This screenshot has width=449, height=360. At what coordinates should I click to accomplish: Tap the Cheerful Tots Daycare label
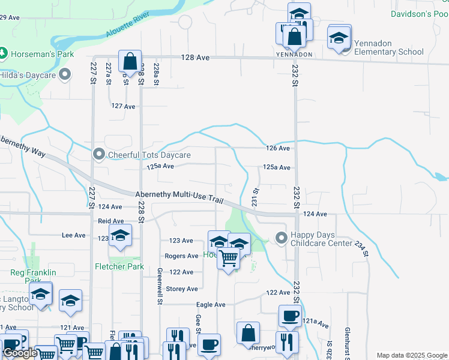coord(149,155)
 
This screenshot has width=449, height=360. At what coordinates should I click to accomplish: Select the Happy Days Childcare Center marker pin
coord(281,238)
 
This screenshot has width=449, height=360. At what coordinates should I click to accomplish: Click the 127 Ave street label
coord(124,106)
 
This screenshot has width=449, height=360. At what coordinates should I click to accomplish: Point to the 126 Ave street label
coord(279,148)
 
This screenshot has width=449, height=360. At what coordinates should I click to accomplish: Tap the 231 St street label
coord(255,199)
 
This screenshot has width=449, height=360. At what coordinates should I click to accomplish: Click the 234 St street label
coord(360,249)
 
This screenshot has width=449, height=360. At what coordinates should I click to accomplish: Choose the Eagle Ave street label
coord(212,305)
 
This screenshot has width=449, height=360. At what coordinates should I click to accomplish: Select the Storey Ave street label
coord(181,289)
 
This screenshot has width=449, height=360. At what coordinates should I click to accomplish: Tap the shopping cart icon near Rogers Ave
coord(228,259)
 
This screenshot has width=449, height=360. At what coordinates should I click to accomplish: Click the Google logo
coord(20,353)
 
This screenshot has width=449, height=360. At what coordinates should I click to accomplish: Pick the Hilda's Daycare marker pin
coord(65,75)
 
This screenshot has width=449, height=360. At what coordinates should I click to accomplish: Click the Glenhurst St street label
coord(347,339)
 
